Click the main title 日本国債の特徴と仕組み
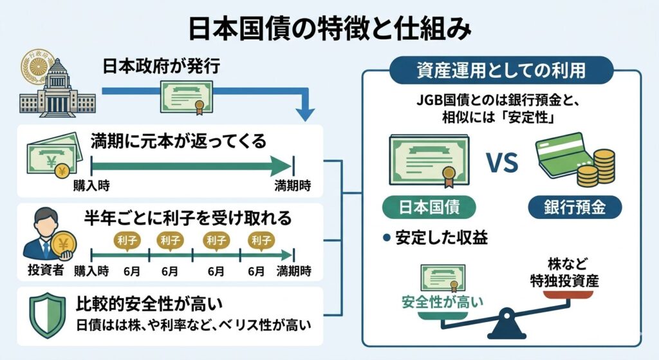pyautogui.click(x=329, y=29)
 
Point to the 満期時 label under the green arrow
pyautogui.click(x=293, y=185)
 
